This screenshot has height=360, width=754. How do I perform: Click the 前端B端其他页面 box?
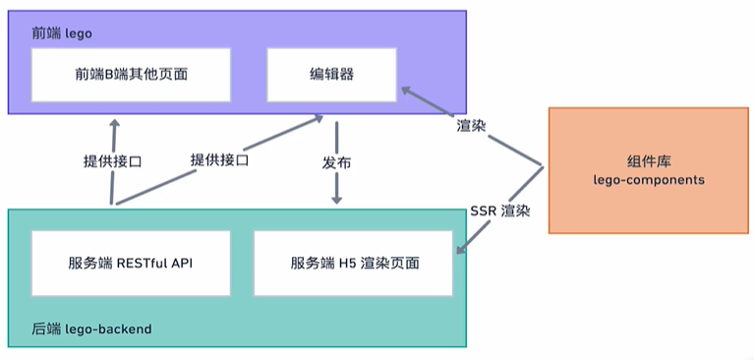pos(132,75)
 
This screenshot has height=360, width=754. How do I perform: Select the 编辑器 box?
pos(331,75)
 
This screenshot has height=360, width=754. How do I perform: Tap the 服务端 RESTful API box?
pos(130,263)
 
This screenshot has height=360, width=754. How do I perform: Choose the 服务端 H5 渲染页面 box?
pos(355,263)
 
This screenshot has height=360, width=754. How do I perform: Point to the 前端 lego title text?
pos(62,32)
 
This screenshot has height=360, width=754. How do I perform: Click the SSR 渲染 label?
pos(500,210)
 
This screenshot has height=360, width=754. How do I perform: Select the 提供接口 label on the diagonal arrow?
pos(219,159)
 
